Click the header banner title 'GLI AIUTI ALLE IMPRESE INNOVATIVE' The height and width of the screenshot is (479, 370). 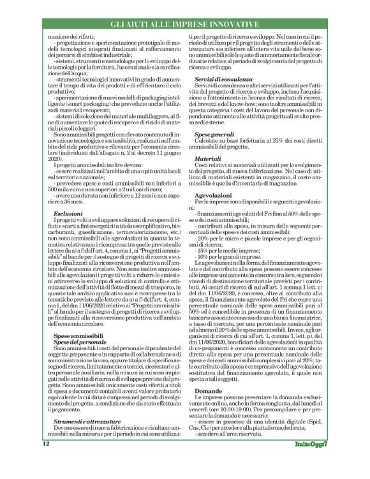[x=184, y=24]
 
